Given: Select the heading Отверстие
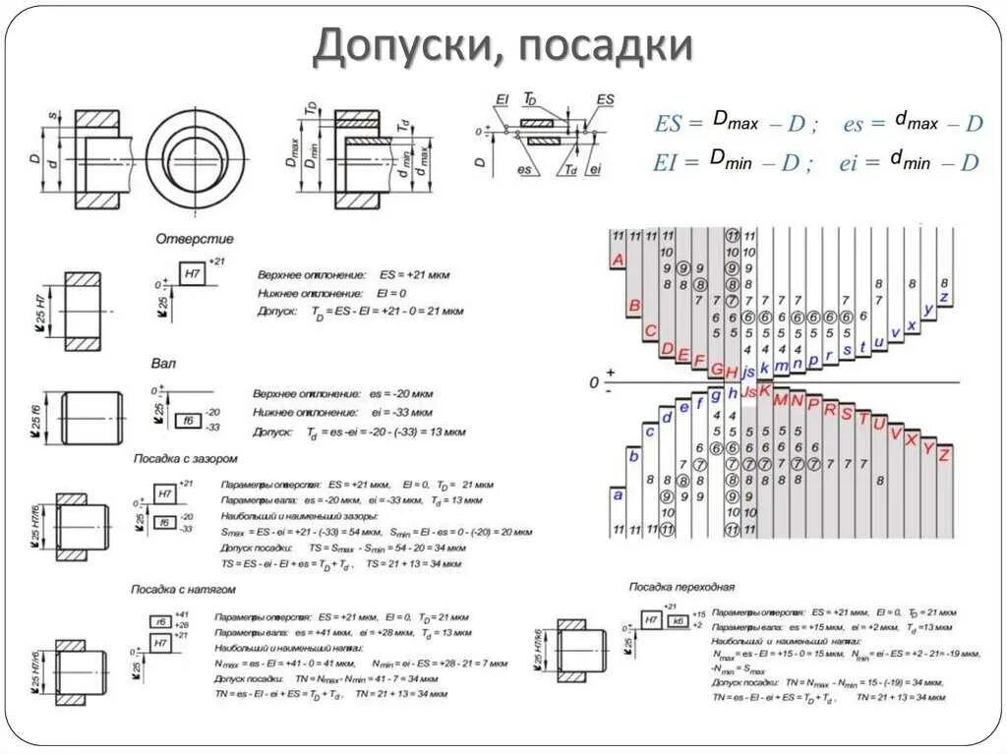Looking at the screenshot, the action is point(195,239).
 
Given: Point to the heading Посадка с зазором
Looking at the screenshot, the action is point(185,458).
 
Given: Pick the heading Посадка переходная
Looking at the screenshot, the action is point(682,587).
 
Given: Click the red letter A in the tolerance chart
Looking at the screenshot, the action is point(618,260).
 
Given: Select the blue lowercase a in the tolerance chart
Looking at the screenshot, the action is point(618,495).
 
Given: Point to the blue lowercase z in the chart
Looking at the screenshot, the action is point(944,297).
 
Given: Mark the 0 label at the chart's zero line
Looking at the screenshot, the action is point(594,381).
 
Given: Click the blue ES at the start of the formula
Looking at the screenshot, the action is point(668,124).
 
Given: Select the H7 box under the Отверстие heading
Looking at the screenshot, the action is point(192,274).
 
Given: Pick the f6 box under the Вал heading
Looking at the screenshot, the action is point(188,420).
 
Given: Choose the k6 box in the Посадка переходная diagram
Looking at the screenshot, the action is point(677,620).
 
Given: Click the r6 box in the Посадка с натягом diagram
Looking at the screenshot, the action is point(159,621).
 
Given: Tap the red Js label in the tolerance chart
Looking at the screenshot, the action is point(748,393).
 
